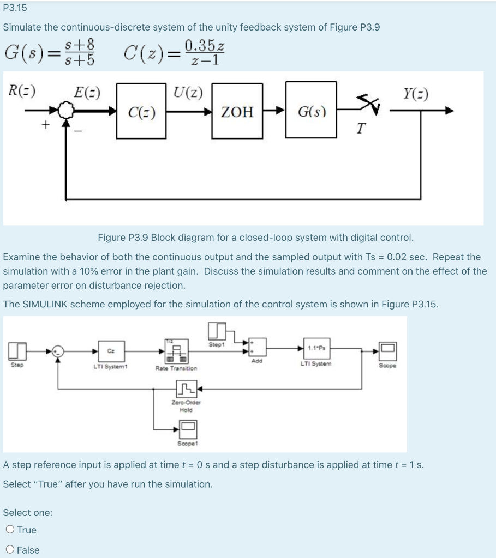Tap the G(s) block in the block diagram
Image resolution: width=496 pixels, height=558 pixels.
pos(312,112)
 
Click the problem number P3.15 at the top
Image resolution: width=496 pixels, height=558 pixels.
pos(15,8)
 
